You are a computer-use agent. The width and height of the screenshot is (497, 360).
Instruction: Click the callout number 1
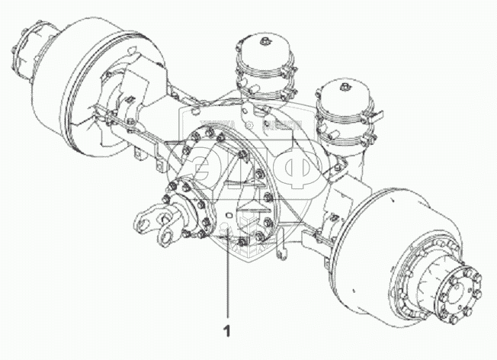coord(226,330)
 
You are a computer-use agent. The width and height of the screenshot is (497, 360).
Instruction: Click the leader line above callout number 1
coord(226,282)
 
